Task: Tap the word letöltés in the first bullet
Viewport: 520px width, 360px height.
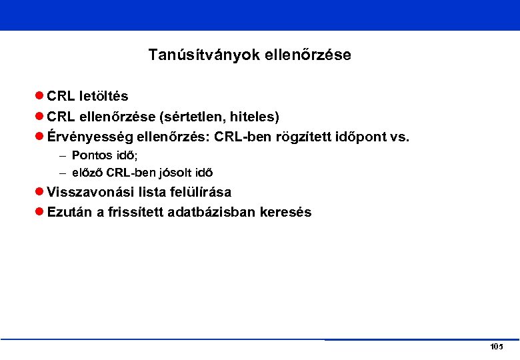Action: tap(104, 96)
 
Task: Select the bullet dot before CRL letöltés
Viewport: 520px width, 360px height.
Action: tap(39, 96)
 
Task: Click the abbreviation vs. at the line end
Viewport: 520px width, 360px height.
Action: tap(399, 137)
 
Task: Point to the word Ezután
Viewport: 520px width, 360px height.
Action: tap(69, 213)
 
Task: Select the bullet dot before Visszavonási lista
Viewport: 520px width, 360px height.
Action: tap(39, 192)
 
